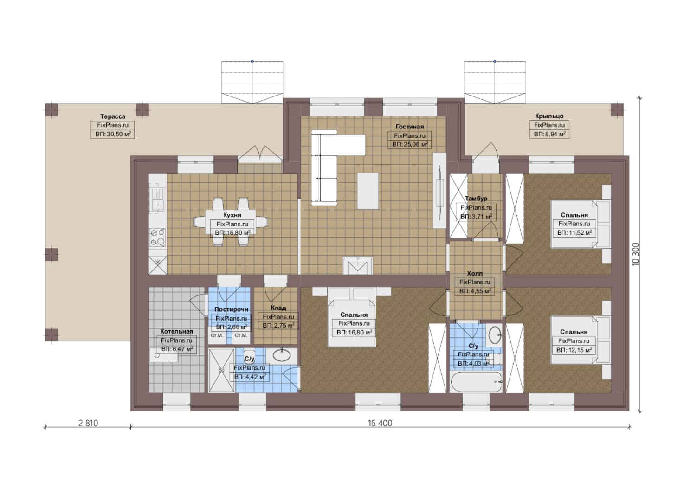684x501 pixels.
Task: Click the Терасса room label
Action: click(x=113, y=116)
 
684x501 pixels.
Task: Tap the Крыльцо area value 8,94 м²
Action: click(x=549, y=134)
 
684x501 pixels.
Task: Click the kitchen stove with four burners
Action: click(x=158, y=237)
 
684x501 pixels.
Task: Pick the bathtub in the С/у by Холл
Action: click(x=476, y=382)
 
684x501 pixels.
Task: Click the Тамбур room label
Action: click(x=476, y=199)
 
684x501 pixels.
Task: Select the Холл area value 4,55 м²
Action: click(x=475, y=291)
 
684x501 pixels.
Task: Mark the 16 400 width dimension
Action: click(x=380, y=423)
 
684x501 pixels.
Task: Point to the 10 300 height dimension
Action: click(x=635, y=254)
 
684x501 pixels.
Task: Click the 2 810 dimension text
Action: click(x=88, y=423)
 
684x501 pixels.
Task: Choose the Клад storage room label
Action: click(x=278, y=308)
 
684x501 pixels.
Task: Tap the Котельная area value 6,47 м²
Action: click(x=177, y=349)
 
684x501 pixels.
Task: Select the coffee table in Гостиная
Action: click(x=368, y=191)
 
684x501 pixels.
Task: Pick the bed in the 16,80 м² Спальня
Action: click(x=351, y=317)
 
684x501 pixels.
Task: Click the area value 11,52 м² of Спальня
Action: click(x=574, y=232)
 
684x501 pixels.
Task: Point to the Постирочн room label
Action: click(x=231, y=309)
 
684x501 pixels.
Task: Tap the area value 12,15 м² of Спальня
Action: click(x=574, y=350)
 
